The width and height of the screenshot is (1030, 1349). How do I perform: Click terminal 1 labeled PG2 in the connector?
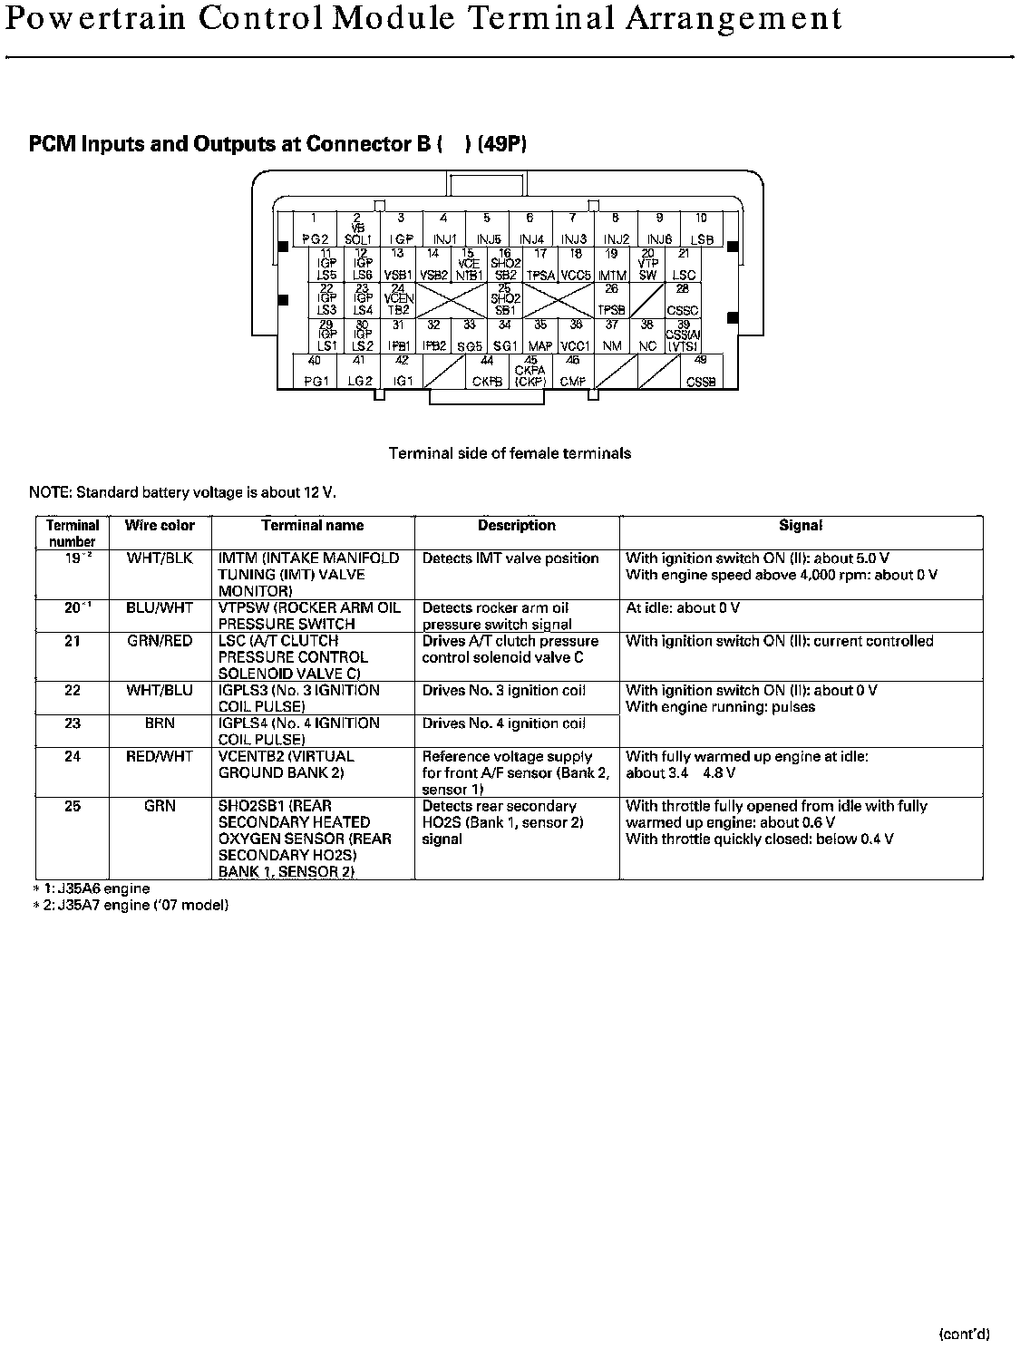[x=315, y=229]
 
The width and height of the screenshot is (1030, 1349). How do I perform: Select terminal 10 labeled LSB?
[x=702, y=229]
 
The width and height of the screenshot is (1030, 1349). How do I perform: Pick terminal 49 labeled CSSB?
[x=701, y=372]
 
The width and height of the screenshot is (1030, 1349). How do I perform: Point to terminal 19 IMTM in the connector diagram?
[x=613, y=265]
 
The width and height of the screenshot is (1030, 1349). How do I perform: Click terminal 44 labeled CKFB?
[x=487, y=372]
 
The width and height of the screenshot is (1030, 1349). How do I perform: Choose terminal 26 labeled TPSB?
[x=612, y=300]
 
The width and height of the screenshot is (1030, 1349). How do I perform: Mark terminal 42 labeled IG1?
[x=401, y=372]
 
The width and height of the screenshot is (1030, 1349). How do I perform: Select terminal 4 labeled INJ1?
[x=443, y=229]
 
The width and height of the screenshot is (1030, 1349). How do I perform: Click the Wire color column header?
[x=160, y=526]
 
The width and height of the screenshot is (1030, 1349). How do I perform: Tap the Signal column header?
[x=801, y=526]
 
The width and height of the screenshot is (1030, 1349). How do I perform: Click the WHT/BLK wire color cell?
[x=160, y=558]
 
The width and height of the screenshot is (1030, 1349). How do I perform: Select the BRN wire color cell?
[x=160, y=723]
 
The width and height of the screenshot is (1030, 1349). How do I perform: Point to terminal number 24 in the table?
[x=73, y=756]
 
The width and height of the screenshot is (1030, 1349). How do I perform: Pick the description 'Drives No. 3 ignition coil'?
[x=504, y=691]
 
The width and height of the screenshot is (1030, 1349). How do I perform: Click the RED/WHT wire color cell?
[x=160, y=756]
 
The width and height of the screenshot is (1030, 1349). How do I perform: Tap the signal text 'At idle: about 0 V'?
[x=683, y=608]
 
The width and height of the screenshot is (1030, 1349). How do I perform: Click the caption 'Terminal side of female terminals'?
[x=510, y=453]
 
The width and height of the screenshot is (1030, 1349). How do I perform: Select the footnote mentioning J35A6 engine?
[x=91, y=889]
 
